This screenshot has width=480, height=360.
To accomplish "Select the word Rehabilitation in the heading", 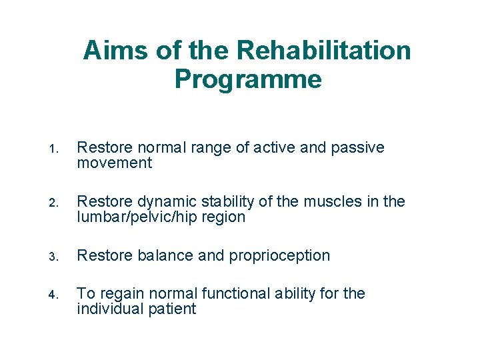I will click(x=324, y=51).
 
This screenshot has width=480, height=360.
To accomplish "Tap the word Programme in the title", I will click(x=248, y=80).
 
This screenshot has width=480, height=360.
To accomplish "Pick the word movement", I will click(x=114, y=163).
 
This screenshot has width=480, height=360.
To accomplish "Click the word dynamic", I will click(x=157, y=202).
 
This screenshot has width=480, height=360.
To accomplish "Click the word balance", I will click(x=157, y=256).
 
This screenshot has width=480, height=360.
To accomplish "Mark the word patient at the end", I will click(x=172, y=309).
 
